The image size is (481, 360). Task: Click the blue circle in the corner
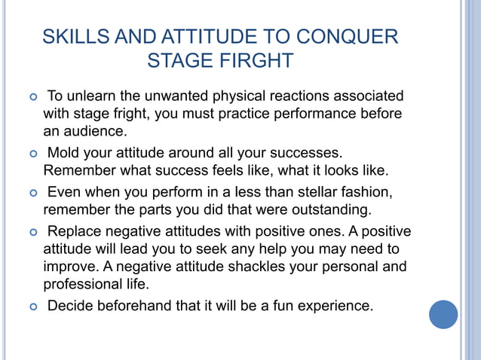(443, 314)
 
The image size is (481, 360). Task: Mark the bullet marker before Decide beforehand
(31, 307)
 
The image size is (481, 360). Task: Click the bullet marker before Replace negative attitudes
(31, 231)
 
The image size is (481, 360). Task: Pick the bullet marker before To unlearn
(31, 97)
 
